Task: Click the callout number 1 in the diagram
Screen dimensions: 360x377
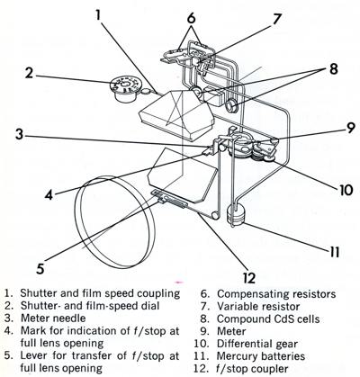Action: tap(98, 14)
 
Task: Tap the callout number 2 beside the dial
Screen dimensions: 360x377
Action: tap(29, 73)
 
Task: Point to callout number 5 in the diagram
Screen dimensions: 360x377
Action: tap(40, 268)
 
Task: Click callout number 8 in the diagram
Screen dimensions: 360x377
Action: tap(333, 68)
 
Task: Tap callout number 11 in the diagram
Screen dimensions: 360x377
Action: tap(333, 251)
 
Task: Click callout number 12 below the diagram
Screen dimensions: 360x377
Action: tap(249, 278)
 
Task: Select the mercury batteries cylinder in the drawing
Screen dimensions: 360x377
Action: tap(236, 214)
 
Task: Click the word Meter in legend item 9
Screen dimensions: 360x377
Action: tap(231, 331)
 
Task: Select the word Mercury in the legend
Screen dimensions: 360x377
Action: tap(236, 356)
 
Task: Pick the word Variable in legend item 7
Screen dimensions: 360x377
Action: tap(238, 307)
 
